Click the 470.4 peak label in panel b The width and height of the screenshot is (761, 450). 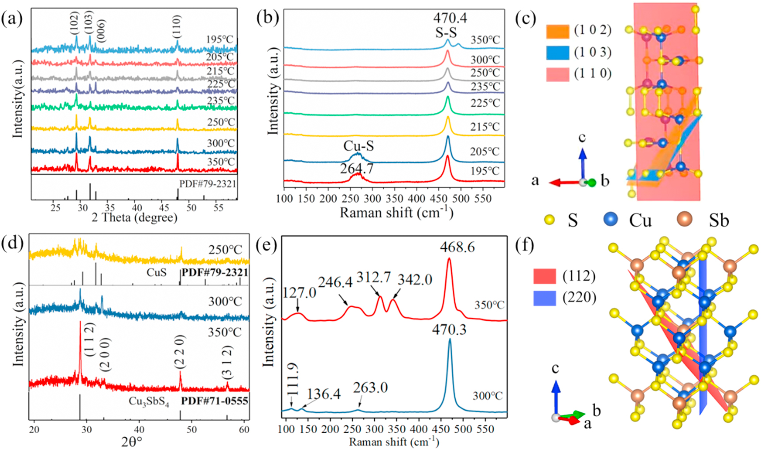pos(450,18)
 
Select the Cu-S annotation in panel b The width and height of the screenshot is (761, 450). pos(359,145)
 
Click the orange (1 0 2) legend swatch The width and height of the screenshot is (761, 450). pos(557,31)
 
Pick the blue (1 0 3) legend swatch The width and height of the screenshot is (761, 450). pos(557,52)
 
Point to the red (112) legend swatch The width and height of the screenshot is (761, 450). pos(545,277)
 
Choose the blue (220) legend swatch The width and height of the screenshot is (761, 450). pos(545,298)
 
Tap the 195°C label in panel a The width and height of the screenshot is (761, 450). pos(219,39)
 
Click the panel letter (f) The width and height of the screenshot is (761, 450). pos(527,245)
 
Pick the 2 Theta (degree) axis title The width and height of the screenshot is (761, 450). pos(135,218)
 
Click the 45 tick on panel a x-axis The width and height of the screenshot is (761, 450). pos(164,208)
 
